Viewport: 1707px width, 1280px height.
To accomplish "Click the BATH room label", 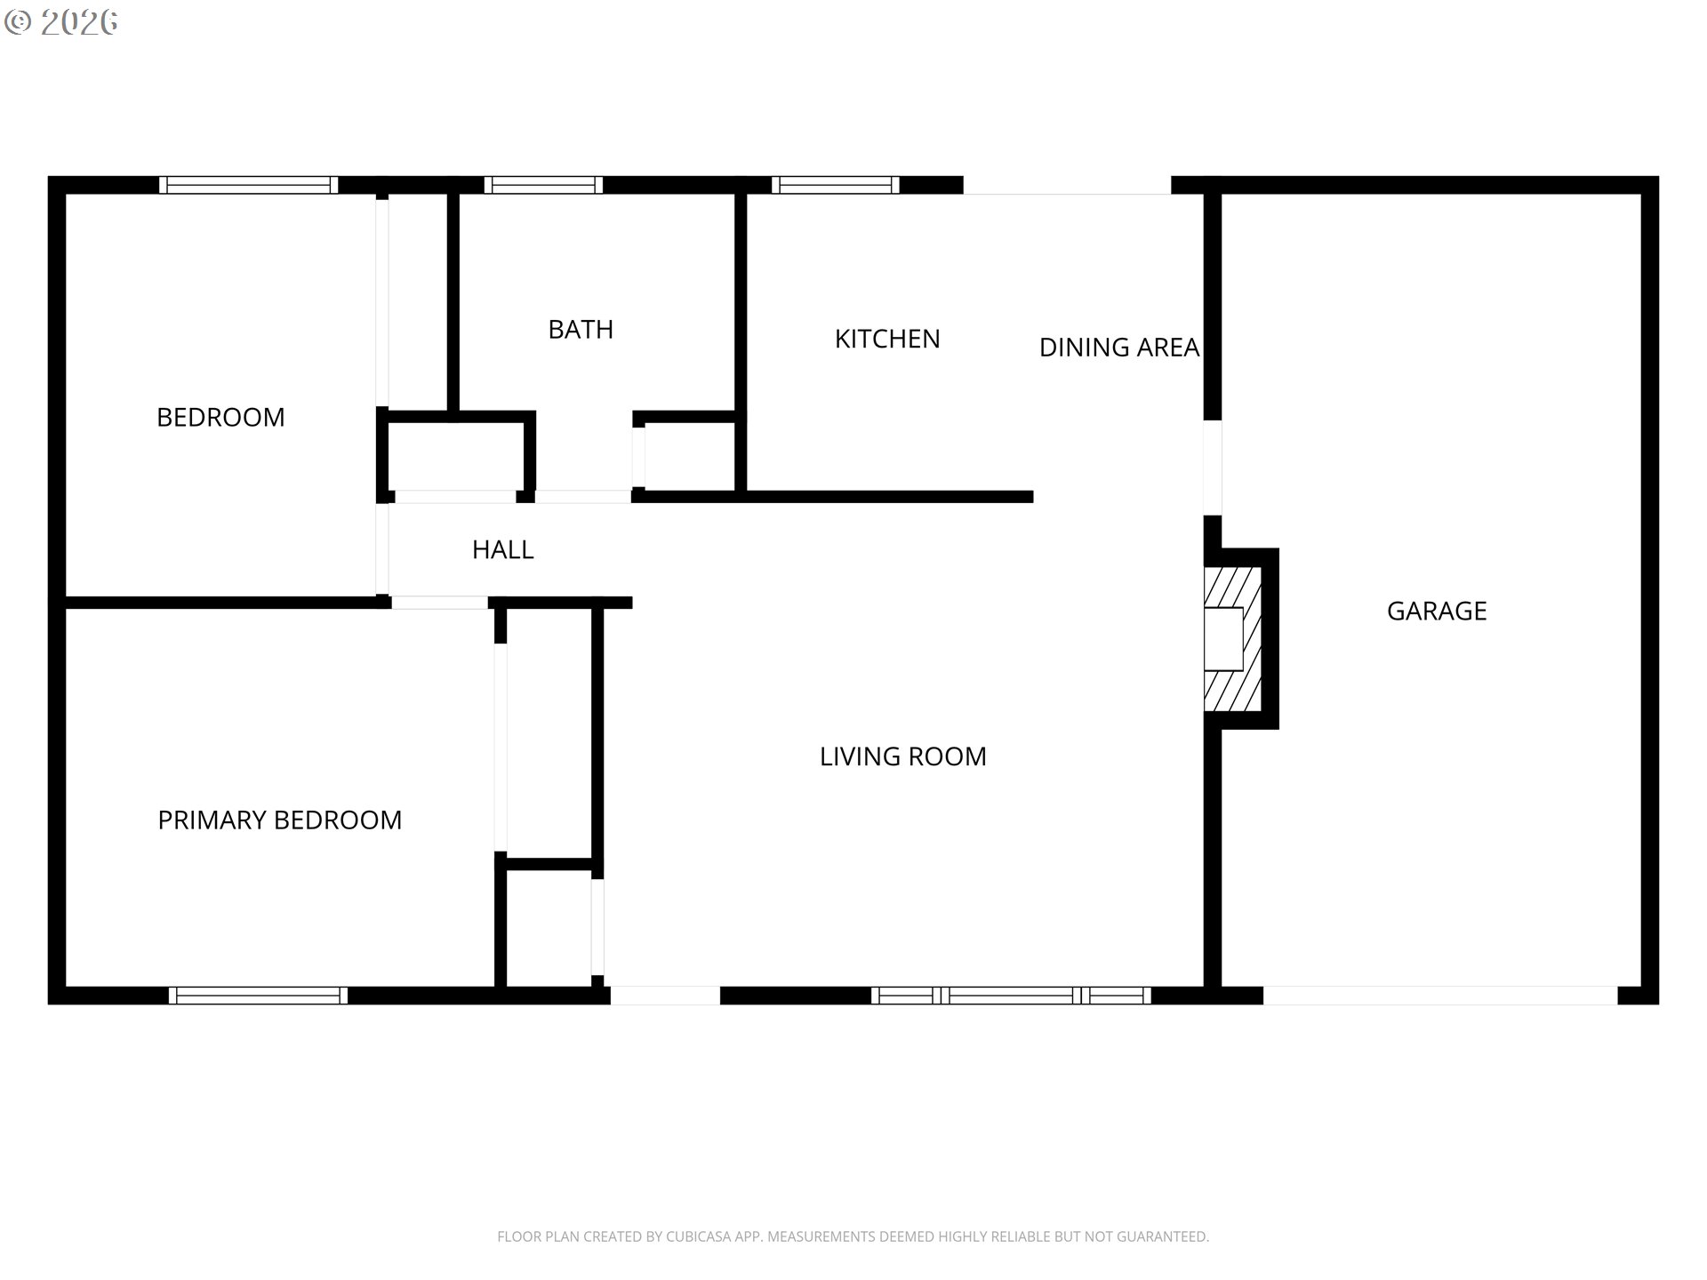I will pos(581,330).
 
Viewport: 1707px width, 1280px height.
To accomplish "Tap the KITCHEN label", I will pos(886,339).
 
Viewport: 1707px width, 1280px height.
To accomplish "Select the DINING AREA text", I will pos(1118,348).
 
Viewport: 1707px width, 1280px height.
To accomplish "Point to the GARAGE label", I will pos(1436,611).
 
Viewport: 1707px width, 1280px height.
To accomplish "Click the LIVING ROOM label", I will pos(902,756).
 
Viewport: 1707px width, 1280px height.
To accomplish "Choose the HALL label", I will pos(502,550).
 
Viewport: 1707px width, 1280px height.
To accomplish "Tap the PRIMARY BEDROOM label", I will pos(279,820).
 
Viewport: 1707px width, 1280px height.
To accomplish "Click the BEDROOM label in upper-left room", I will pos(220,417).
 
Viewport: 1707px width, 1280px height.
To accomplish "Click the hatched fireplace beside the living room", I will pos(1233,639).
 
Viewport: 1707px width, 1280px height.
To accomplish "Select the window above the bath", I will pos(543,185).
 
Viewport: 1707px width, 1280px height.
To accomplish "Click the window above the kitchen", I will pos(835,185).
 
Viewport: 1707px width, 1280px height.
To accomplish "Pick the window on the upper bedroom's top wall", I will pos(248,185).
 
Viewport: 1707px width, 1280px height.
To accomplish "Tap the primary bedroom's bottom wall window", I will pos(258,996).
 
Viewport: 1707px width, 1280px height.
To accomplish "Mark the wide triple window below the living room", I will pos(1011,996).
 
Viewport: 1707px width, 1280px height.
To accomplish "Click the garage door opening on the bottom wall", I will pos(1439,996).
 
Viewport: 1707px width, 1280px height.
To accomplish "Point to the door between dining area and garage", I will pos(1213,468).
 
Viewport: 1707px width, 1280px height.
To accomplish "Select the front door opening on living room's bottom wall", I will pos(665,996).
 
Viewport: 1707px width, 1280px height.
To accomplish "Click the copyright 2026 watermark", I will pos(62,22).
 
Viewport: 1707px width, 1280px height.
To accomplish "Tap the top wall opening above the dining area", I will pos(1067,185).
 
